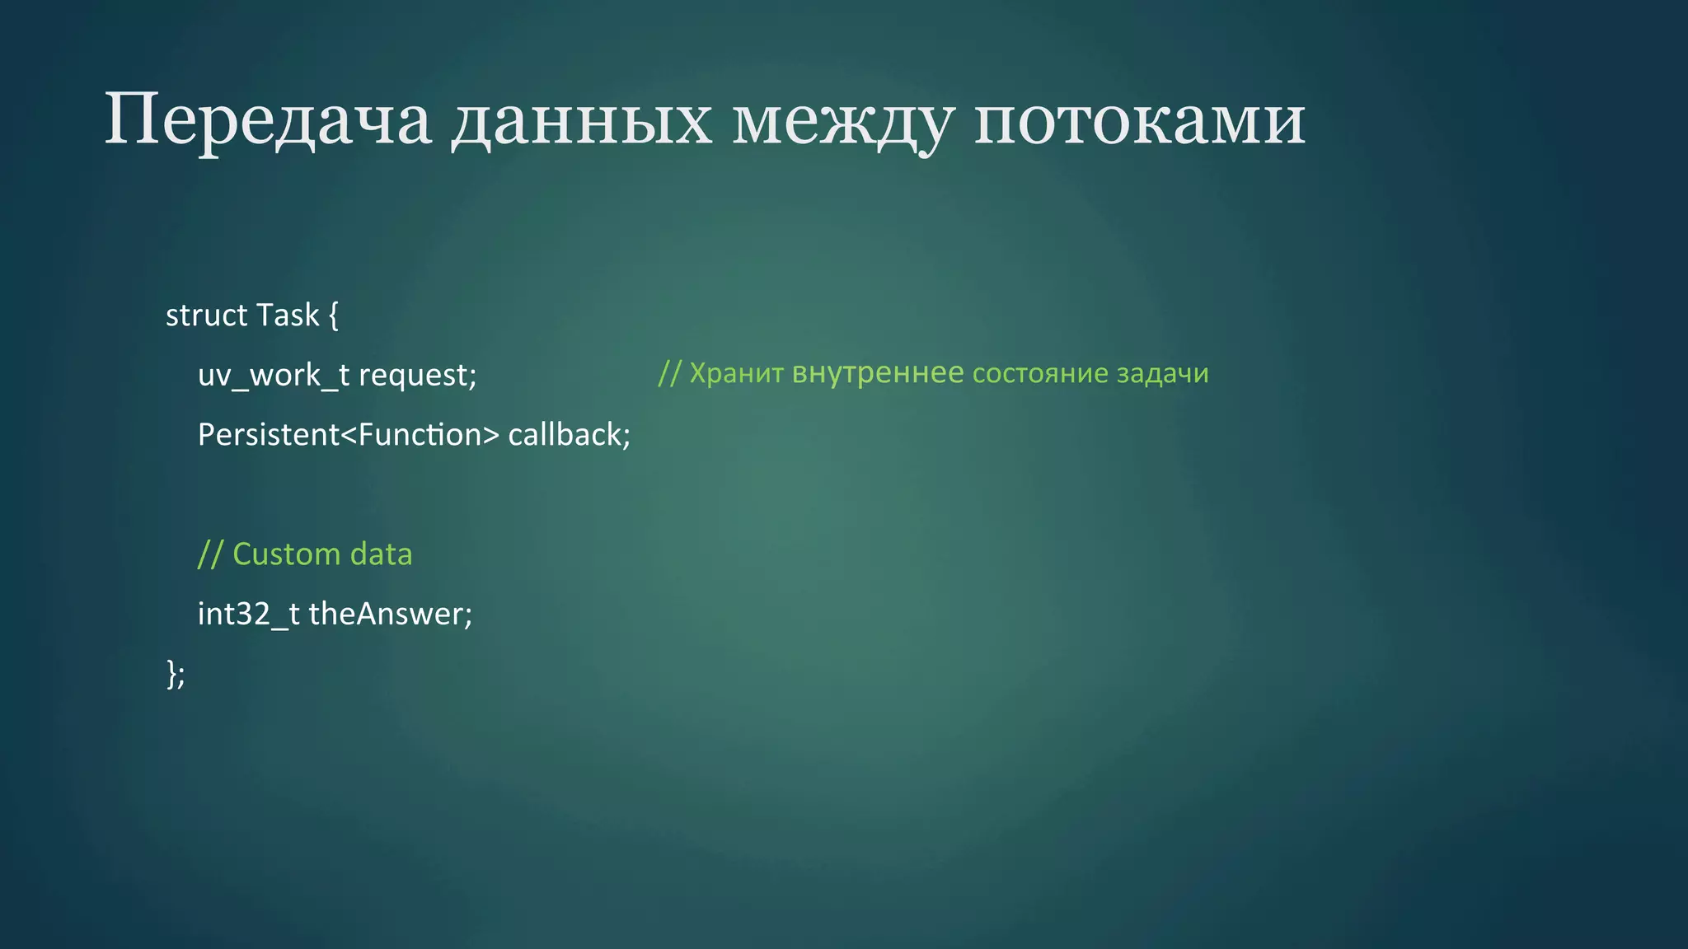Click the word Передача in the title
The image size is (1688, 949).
click(x=267, y=120)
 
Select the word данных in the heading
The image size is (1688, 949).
click(x=581, y=120)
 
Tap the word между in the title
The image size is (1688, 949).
click(x=842, y=120)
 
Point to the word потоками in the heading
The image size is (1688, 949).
click(x=1139, y=120)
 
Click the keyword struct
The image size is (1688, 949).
click(x=206, y=316)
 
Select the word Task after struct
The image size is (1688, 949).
click(x=287, y=316)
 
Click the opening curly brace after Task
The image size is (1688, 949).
click(x=333, y=316)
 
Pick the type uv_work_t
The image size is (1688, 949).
click(x=273, y=376)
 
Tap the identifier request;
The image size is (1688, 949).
click(x=417, y=376)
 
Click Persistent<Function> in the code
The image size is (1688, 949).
click(x=348, y=435)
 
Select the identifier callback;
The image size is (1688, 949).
click(x=569, y=435)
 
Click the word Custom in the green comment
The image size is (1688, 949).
click(x=286, y=554)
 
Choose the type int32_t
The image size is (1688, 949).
click(x=248, y=615)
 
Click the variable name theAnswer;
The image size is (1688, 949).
click(x=390, y=615)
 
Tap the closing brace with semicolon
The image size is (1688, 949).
click(x=176, y=674)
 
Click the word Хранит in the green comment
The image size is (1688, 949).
click(x=735, y=374)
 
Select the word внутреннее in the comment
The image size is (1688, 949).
click(x=877, y=374)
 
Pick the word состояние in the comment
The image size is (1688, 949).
click(x=1040, y=374)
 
